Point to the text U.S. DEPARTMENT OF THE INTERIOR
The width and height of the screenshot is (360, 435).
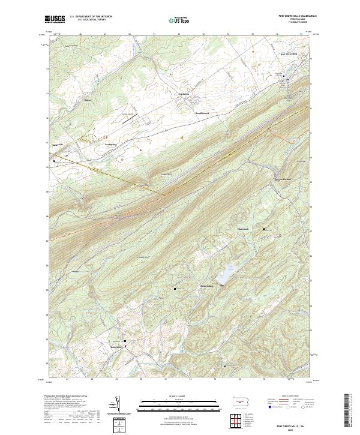click(91, 17)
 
